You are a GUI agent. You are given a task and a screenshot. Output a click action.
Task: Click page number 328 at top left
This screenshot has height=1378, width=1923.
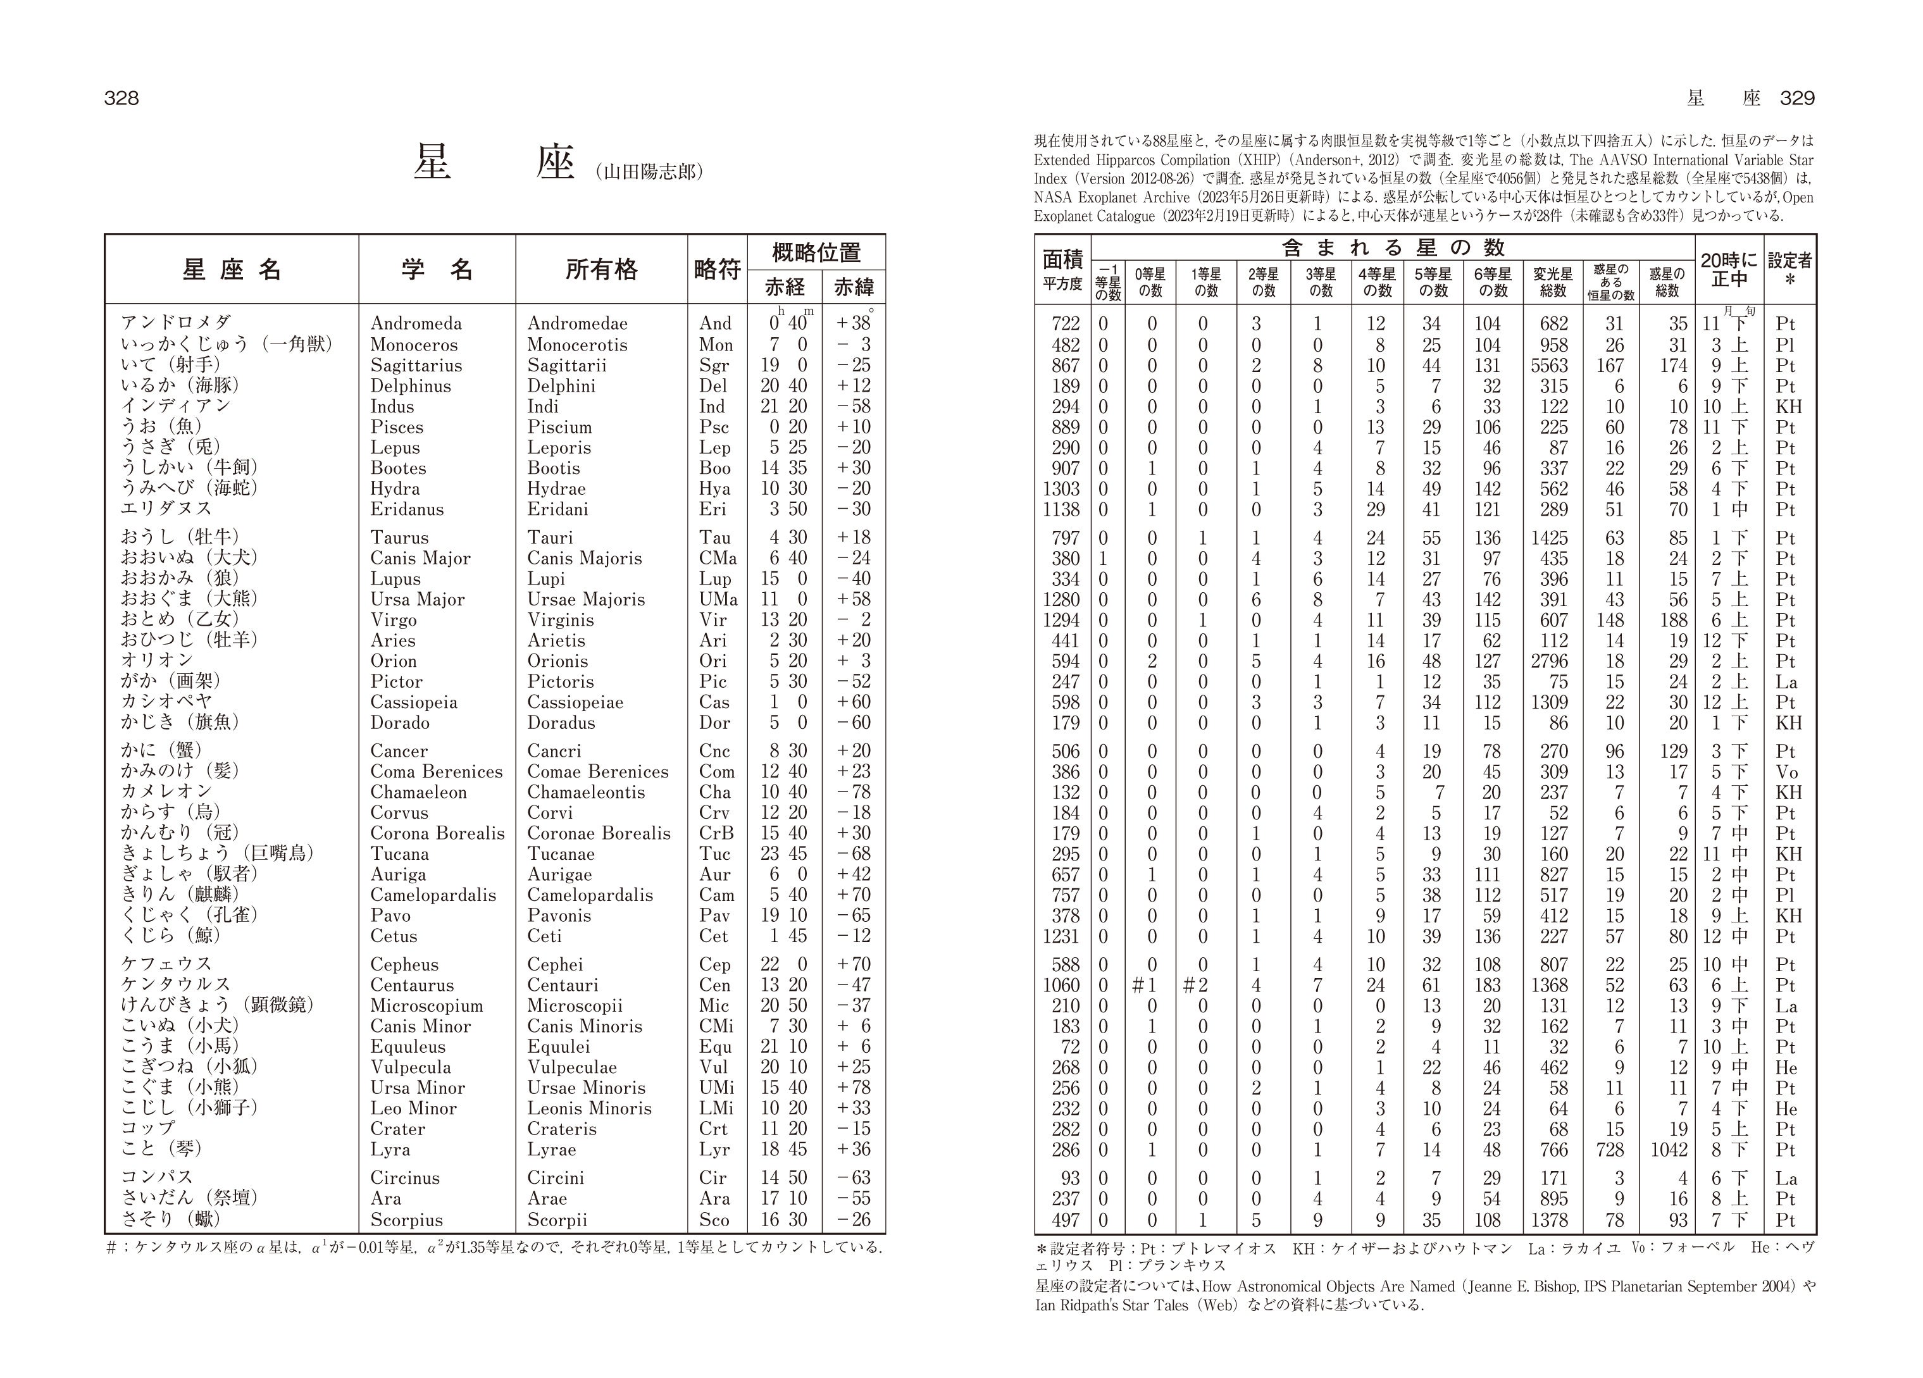[121, 98]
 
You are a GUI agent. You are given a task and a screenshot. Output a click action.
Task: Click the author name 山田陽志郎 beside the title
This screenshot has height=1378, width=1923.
[650, 172]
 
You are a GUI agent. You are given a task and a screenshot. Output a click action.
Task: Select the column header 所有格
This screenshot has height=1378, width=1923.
[601, 270]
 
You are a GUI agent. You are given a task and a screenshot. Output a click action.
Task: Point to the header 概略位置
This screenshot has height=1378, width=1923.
[816, 252]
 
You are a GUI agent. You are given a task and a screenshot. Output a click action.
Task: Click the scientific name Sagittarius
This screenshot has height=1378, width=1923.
[416, 366]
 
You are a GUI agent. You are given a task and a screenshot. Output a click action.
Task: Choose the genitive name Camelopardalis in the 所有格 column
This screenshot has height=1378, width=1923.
[590, 895]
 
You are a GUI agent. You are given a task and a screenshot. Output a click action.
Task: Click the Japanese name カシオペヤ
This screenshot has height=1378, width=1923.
[166, 701]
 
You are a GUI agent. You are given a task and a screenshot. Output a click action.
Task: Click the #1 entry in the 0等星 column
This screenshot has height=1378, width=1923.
[1145, 985]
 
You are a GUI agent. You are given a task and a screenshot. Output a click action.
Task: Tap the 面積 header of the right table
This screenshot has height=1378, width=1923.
[1062, 259]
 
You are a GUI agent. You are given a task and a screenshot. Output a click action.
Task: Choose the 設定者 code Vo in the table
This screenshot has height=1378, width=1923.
[1786, 772]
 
